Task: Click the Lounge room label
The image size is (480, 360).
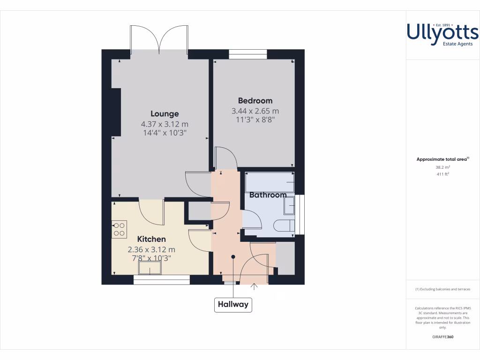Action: coord(165,113)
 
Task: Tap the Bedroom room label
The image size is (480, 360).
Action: coord(255,100)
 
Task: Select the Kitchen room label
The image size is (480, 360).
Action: coord(151,239)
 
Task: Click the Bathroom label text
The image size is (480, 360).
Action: coord(268,195)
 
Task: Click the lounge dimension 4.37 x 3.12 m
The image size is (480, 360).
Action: coord(165,124)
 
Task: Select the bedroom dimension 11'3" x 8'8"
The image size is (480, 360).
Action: coord(255,120)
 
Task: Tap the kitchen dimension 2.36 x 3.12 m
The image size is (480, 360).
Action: coord(151,249)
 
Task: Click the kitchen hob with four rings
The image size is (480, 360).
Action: coord(119,228)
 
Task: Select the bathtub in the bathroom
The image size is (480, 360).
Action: coord(270,181)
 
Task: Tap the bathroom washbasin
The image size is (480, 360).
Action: coord(290,205)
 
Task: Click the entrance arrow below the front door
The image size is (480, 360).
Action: coord(254,287)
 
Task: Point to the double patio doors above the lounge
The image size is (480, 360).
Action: coord(160,38)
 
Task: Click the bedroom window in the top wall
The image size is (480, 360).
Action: coord(248,54)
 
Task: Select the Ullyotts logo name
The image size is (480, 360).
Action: coord(442,32)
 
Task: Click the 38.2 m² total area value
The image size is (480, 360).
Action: coord(442,167)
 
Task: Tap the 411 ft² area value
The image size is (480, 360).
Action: coord(442,174)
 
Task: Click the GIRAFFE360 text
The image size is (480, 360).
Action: coord(442,337)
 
